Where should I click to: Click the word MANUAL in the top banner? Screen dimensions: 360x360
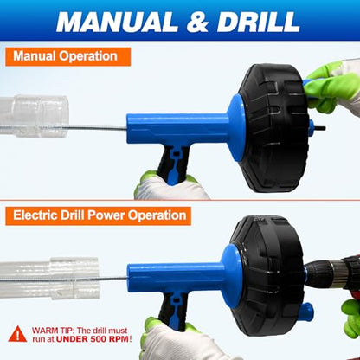point(117,22)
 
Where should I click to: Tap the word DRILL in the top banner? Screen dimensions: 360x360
point(259,22)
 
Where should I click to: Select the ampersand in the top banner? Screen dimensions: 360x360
point(197,22)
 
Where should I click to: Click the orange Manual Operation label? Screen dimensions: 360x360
point(68,56)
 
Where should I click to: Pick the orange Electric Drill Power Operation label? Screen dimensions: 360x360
point(98,215)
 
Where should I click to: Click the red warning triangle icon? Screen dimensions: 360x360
point(17,334)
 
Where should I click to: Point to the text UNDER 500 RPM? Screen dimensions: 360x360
point(93,339)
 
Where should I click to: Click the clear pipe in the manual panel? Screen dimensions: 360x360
point(34,116)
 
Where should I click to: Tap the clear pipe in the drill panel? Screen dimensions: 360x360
point(49,278)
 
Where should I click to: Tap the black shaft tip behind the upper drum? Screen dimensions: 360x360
point(320,128)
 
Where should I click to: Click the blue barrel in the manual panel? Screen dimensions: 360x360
point(177,128)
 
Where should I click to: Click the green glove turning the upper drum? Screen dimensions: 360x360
point(331,89)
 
